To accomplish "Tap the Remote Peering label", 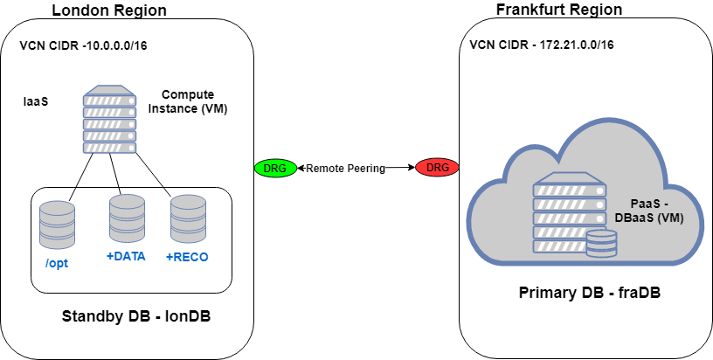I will (x=345, y=169).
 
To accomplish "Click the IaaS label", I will (x=35, y=101).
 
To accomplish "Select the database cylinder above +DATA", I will (x=127, y=218).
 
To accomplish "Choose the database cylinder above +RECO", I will (x=188, y=218).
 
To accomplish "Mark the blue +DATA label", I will (x=126, y=256).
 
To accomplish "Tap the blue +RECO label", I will (x=188, y=257).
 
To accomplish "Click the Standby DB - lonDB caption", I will (x=136, y=315).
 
